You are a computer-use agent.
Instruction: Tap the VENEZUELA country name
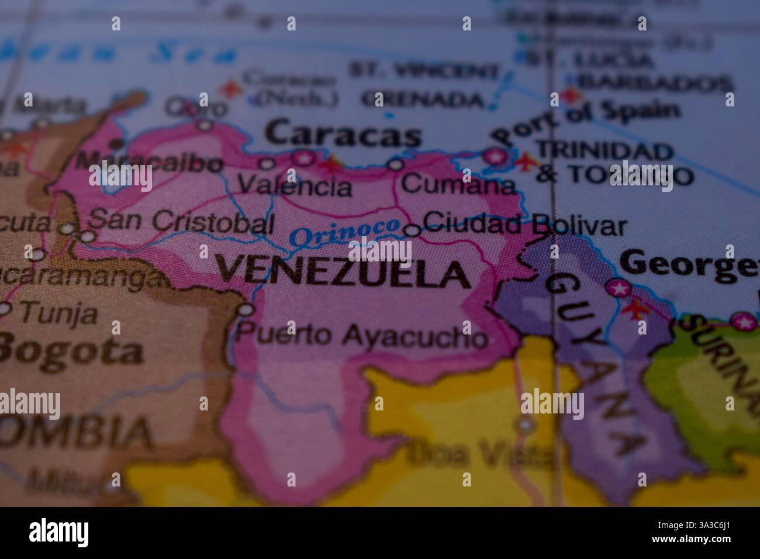pos(343,272)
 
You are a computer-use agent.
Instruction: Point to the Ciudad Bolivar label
pos(524,224)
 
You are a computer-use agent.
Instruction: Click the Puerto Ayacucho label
pos(362,336)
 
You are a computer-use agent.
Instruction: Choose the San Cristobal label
pos(181,222)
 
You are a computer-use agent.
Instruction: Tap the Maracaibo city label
pos(150,163)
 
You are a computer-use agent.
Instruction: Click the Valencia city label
pos(296,187)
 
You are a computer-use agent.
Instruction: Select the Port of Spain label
pos(586,123)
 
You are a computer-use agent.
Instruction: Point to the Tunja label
pos(59,315)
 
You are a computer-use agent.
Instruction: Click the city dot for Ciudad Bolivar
pos(412,230)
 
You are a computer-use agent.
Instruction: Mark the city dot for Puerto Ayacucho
pos(247,309)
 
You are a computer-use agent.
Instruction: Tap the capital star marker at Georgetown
pos(618,288)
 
